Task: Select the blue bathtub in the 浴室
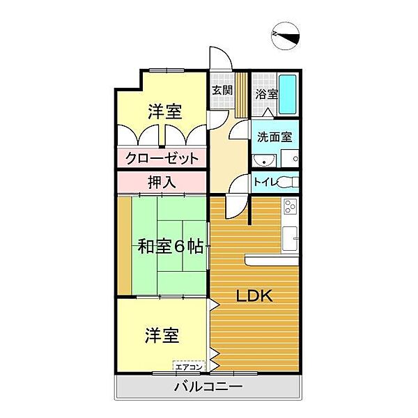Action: (288, 94)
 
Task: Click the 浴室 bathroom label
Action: (266, 94)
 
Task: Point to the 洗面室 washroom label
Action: (275, 137)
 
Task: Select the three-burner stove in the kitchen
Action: (291, 208)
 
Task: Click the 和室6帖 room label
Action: (170, 246)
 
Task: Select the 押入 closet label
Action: (162, 182)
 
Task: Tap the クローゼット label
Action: (162, 158)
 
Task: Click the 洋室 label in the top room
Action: (164, 110)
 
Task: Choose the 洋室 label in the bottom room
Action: (162, 335)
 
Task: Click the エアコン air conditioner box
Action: (188, 366)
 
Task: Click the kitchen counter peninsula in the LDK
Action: (272, 260)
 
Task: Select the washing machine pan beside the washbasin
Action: (288, 160)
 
